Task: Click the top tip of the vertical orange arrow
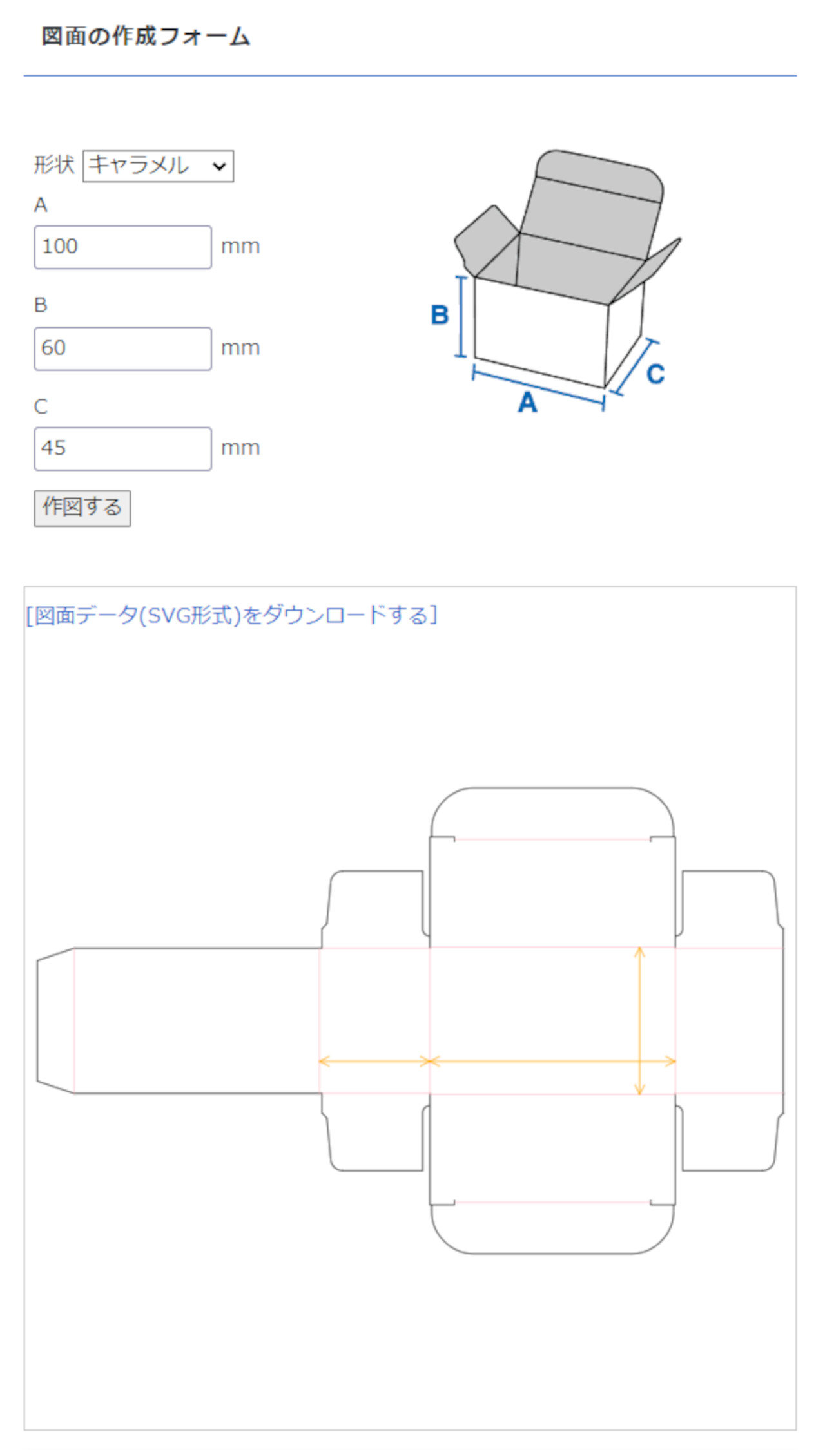point(639,947)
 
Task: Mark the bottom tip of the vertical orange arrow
point(639,1094)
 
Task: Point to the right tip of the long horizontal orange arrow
point(675,1061)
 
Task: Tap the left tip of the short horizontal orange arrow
point(320,1061)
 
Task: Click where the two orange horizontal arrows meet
point(430,1061)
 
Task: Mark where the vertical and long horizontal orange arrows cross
point(639,1061)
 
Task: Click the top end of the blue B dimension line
point(461,277)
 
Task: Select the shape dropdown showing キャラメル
point(158,166)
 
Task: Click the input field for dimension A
point(122,247)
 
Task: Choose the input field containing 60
point(122,348)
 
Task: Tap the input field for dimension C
point(122,448)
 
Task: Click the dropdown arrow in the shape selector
point(219,167)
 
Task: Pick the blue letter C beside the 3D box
point(655,374)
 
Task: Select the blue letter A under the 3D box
point(528,402)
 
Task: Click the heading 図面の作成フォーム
point(146,36)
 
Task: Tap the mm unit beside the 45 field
point(240,448)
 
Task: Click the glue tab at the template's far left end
point(56,1020)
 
